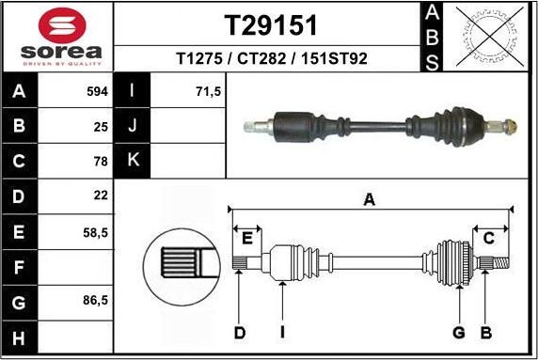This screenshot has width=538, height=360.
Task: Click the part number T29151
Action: click(x=270, y=24)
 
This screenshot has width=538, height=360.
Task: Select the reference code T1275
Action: click(x=197, y=58)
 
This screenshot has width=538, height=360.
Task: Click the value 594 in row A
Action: click(x=98, y=92)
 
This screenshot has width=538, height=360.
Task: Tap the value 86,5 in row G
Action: click(x=96, y=301)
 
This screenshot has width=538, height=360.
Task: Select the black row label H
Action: click(x=20, y=337)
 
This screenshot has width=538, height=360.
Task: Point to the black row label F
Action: click(x=20, y=266)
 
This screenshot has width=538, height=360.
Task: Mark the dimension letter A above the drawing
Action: click(x=370, y=198)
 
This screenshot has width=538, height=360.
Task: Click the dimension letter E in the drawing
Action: click(x=249, y=237)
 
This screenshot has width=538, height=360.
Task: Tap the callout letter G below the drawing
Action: click(x=459, y=332)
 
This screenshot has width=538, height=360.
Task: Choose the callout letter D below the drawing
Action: click(x=240, y=332)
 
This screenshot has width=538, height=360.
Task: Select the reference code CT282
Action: click(x=264, y=58)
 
